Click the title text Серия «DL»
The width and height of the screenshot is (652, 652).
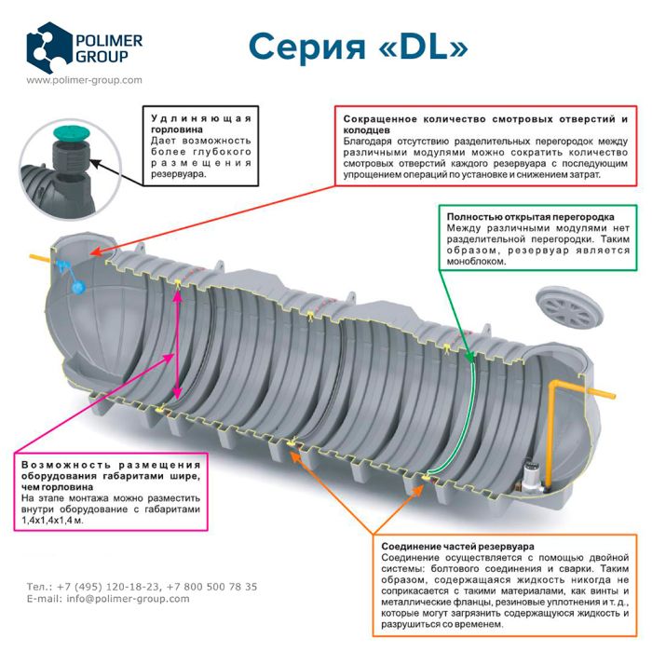point(358,44)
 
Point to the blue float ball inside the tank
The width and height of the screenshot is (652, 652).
point(76,286)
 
